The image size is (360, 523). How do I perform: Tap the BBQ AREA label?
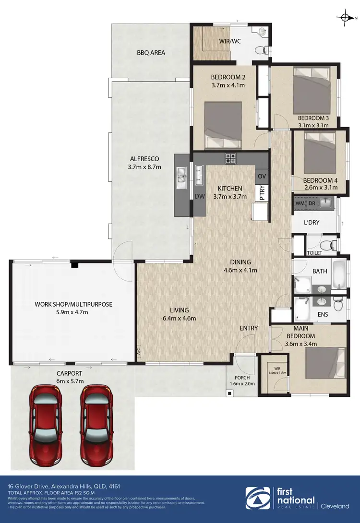pos(151,53)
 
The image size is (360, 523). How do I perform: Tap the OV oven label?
pos(262,176)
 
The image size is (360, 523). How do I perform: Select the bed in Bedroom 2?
pos(223,126)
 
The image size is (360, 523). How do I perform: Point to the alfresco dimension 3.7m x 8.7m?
pos(144,167)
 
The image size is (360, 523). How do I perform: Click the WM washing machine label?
pos(300,203)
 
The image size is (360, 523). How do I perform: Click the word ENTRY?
pos(249,328)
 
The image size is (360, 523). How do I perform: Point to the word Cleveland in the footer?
pos(336,506)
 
